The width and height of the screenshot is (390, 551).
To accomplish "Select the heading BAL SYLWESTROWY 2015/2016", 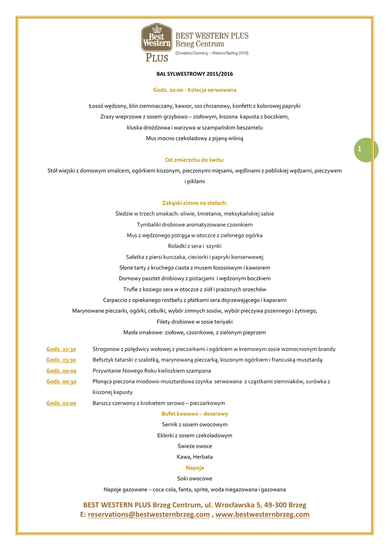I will (195, 73).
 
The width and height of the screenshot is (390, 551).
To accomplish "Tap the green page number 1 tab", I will (366, 149).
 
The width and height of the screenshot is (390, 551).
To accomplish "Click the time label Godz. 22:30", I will (61, 349).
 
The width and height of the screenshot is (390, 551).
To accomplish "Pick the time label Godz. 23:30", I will (61, 359).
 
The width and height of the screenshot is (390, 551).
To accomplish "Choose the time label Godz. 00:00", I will (61, 370).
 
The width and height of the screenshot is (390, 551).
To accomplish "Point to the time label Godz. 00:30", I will (61, 381).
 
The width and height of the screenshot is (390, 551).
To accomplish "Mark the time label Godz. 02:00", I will (61, 402).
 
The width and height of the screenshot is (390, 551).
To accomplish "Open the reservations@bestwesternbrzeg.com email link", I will (148, 514).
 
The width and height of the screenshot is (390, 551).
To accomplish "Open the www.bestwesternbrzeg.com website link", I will (263, 514).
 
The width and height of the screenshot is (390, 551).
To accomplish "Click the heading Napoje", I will (195, 468).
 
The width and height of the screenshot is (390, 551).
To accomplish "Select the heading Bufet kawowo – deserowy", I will (195, 413).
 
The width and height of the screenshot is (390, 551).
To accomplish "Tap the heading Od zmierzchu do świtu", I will (195, 160).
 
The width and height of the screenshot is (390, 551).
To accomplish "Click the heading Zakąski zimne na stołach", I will (195, 203).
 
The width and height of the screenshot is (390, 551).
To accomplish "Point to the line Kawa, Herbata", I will (195, 457).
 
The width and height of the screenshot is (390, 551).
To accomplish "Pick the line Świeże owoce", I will (195, 446).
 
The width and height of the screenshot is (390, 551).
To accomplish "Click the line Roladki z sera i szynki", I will (195, 246).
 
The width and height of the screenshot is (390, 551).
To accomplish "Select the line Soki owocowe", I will (195, 478).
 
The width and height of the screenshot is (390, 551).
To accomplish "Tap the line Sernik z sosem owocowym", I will (195, 425).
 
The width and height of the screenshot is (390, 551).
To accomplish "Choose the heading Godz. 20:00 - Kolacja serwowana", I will (195, 89).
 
